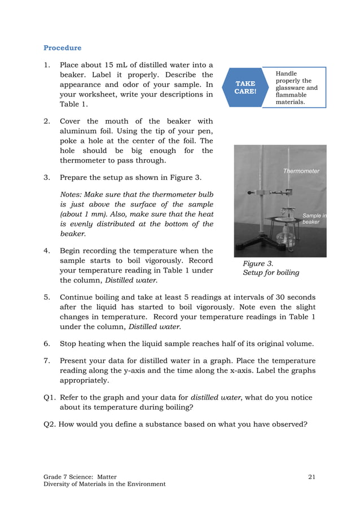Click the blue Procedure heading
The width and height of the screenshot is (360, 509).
pyautogui.click(x=62, y=48)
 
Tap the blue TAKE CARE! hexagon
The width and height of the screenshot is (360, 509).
pyautogui.click(x=245, y=87)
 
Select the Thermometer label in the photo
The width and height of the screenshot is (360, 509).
pyautogui.click(x=301, y=171)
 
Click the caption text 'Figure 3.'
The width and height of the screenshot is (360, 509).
pyautogui.click(x=258, y=264)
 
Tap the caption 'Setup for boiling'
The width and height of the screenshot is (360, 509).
pyautogui.click(x=271, y=273)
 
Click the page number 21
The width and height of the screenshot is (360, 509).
pyautogui.click(x=312, y=477)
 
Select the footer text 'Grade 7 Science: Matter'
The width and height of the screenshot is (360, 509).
pyautogui.click(x=80, y=477)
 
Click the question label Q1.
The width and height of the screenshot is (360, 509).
pyautogui.click(x=50, y=398)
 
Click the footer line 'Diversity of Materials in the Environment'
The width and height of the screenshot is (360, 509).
pyautogui.click(x=104, y=484)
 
